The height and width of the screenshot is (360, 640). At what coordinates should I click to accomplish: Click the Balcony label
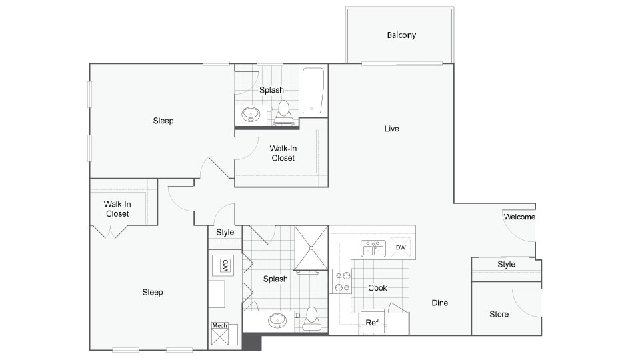point(401,35)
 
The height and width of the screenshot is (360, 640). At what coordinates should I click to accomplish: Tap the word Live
point(391,129)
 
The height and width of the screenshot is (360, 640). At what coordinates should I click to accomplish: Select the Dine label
point(439,303)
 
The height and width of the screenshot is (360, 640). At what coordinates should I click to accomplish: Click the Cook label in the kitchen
point(377,288)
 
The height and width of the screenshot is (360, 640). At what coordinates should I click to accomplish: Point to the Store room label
point(499,314)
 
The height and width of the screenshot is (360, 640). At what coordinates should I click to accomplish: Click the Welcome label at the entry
point(519,217)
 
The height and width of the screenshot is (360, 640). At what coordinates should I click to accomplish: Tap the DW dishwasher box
point(401,248)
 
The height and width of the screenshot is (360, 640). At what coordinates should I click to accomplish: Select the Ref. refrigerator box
point(373,322)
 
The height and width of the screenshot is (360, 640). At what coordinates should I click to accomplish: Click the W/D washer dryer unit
point(225,266)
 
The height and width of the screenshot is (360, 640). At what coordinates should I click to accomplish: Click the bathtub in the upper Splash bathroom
point(313,91)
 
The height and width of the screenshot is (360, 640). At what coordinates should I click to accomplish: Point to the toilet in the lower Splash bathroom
point(311,321)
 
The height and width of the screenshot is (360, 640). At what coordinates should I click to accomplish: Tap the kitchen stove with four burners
point(341,281)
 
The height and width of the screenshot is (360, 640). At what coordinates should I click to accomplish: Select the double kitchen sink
point(373,248)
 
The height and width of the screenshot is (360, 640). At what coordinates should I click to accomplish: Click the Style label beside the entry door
point(506,264)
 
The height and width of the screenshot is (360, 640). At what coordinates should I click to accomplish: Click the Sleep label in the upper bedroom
point(163,121)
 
